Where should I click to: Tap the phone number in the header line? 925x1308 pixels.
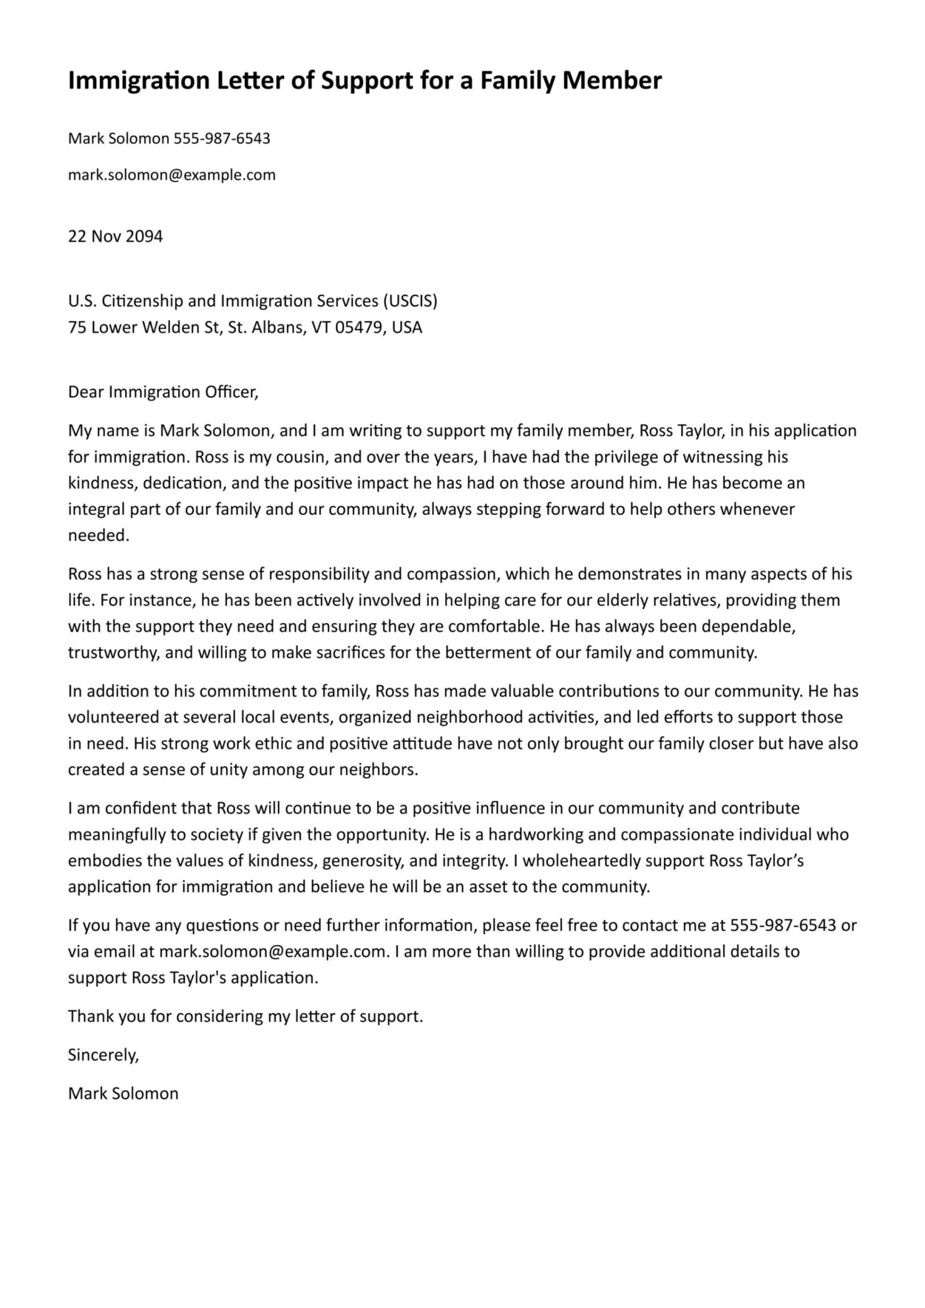point(221,138)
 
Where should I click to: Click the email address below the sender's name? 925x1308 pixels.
point(171,175)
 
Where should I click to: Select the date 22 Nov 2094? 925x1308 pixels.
point(115,236)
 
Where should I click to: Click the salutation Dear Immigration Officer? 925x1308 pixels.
point(162,392)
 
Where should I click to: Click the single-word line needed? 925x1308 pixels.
point(98,536)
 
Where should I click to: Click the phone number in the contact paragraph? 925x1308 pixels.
point(783,925)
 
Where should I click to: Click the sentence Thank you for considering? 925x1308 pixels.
point(245,1016)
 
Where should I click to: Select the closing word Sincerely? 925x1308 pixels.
point(103,1055)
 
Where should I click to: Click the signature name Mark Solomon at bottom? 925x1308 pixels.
point(123,1094)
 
